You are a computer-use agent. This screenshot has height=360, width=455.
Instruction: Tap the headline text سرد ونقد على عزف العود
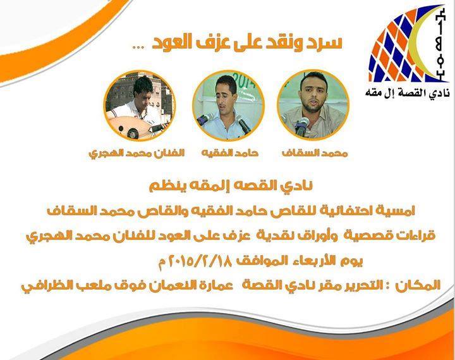pyautogui.click(x=247, y=43)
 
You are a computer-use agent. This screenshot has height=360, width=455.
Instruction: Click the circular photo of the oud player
pyautogui.click(x=140, y=106)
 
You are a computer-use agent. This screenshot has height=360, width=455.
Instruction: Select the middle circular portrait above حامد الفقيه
pyautogui.click(x=228, y=106)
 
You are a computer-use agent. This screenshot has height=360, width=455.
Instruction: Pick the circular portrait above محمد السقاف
pyautogui.click(x=313, y=104)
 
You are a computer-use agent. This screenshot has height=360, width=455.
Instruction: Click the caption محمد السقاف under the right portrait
pyautogui.click(x=315, y=153)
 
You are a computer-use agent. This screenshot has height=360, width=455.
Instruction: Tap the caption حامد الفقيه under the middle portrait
pyautogui.click(x=230, y=153)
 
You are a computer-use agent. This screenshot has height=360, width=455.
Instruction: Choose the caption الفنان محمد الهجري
pyautogui.click(x=136, y=153)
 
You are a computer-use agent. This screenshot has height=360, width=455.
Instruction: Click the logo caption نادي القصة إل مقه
pyautogui.click(x=408, y=92)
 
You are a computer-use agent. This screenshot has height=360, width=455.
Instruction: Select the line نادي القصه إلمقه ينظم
pyautogui.click(x=231, y=186)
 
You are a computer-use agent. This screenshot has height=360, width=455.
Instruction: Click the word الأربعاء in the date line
pyautogui.click(x=313, y=261)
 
